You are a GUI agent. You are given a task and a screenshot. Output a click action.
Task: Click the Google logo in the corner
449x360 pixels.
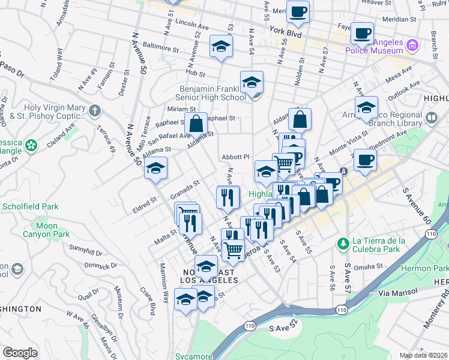(x=20, y=353)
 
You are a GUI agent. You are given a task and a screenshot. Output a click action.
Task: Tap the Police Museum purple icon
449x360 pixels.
(x=412, y=45)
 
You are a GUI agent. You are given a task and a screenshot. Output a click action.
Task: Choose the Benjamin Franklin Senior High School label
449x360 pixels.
(x=212, y=93)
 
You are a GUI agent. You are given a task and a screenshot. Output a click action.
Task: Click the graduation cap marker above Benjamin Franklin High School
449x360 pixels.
(x=252, y=83)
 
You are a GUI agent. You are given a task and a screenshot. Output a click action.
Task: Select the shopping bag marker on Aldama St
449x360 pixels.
(x=196, y=124)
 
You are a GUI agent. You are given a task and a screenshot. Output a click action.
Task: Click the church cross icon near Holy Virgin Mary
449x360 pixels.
(x=94, y=110)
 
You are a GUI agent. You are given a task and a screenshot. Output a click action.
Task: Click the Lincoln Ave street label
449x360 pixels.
(x=191, y=26)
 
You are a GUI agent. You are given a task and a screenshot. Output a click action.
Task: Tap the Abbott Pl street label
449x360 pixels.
(x=235, y=157)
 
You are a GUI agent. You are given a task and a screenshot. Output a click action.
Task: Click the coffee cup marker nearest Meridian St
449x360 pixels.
(x=362, y=34)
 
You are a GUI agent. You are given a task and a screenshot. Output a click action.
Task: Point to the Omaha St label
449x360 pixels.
(x=368, y=266)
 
